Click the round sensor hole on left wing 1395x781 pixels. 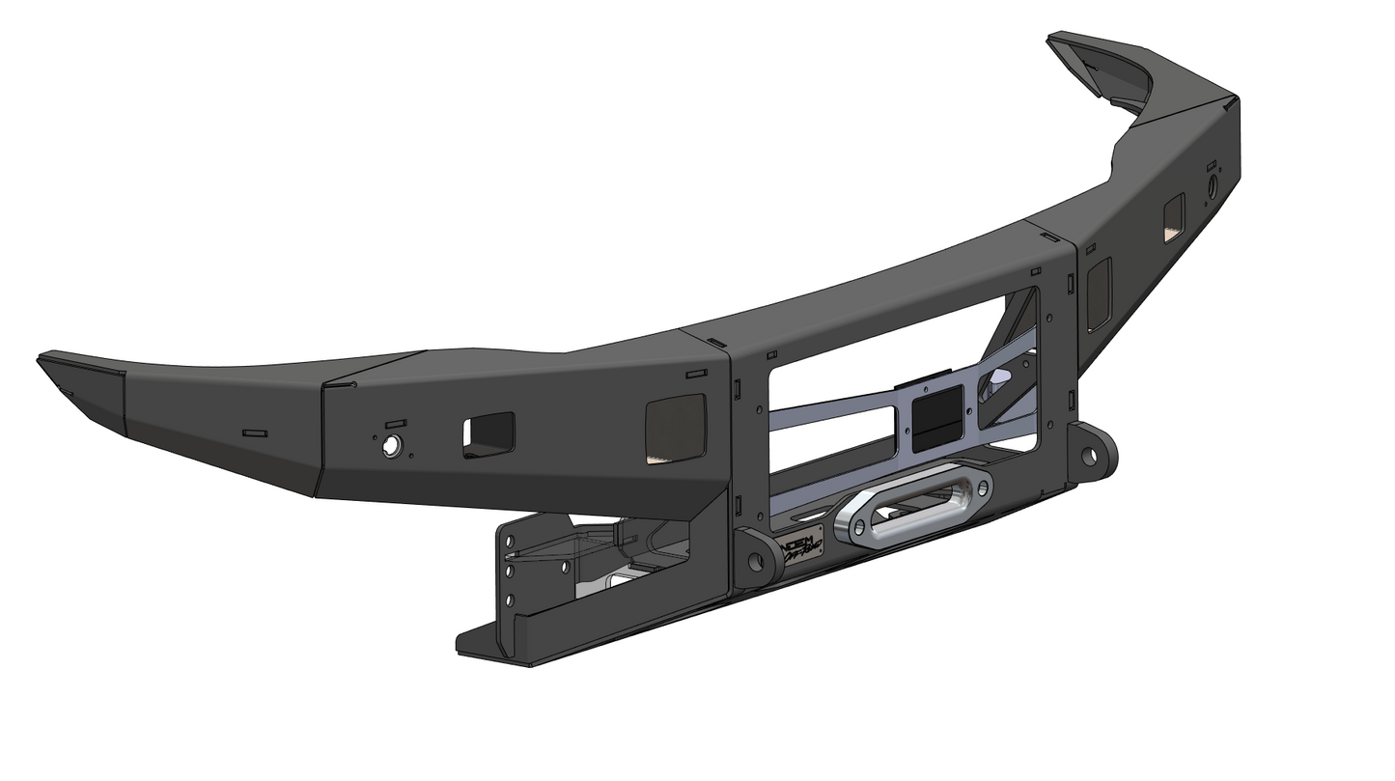392,445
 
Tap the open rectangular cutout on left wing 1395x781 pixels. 488,434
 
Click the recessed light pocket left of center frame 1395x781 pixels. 675,426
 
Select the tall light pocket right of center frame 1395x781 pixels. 1100,293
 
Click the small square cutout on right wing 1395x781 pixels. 1174,218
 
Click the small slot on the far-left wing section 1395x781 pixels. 254,433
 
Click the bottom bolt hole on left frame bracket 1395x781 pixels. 510,600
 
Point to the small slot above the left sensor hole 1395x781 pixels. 396,424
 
